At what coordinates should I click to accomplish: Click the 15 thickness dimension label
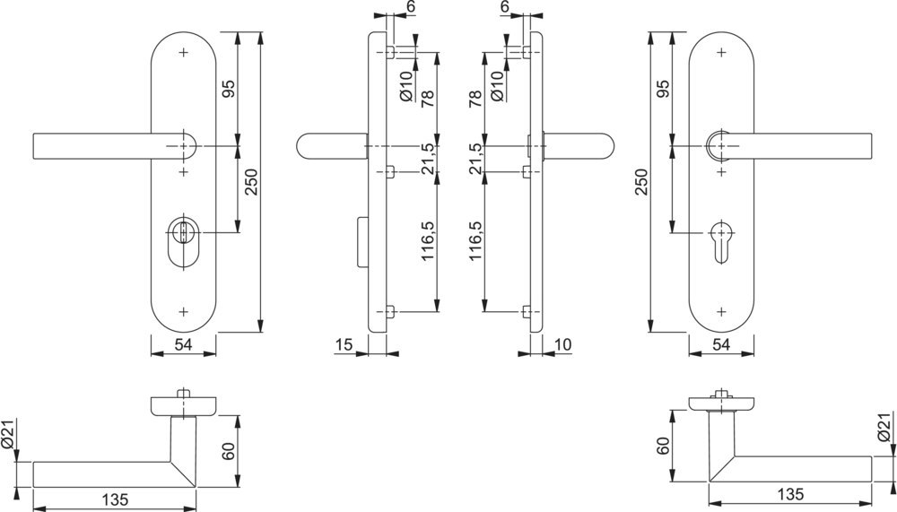344,344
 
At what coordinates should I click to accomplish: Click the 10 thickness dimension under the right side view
563,344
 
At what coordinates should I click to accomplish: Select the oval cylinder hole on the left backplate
184,242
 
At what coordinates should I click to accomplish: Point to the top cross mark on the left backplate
184,52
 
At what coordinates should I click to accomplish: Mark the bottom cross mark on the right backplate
723,311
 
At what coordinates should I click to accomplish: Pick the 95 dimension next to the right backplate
664,91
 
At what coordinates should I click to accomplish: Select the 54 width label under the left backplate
184,344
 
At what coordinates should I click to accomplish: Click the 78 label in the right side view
475,97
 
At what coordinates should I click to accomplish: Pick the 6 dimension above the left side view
411,7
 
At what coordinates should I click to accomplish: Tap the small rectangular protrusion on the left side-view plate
361,240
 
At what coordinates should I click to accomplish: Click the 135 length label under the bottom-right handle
790,494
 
